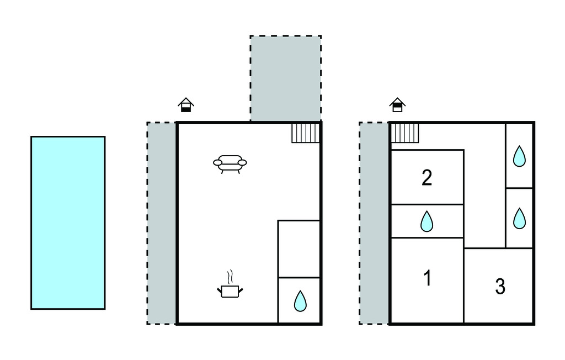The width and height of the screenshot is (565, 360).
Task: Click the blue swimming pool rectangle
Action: click(68, 223)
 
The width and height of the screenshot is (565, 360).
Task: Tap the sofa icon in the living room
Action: click(230, 163)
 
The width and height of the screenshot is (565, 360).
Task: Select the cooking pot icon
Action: click(230, 290)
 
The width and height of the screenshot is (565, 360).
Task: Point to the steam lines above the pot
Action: click(231, 276)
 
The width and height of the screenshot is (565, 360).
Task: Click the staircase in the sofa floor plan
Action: click(306, 133)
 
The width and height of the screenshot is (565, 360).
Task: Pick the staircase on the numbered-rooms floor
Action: click(406, 133)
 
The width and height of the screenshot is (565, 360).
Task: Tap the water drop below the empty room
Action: click(300, 301)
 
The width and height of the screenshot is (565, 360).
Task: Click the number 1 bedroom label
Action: click(427, 279)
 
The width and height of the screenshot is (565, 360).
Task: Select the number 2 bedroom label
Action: click(427, 178)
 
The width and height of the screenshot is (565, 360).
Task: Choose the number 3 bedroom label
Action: click(500, 287)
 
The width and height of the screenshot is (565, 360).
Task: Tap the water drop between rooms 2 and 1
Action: click(427, 222)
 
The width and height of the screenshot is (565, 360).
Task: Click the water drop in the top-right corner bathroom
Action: click(519, 157)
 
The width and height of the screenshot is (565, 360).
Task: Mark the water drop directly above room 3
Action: click(519, 219)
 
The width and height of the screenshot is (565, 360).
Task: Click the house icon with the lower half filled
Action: click(186, 105)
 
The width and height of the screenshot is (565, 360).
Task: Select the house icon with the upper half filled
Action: click(397, 105)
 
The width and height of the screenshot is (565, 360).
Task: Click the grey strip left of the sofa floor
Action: click(162, 223)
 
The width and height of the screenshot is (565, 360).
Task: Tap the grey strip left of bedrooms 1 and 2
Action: click(374, 223)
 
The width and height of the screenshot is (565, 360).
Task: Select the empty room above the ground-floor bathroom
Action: click(299, 249)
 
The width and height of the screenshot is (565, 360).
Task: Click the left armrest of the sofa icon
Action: click(217, 162)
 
